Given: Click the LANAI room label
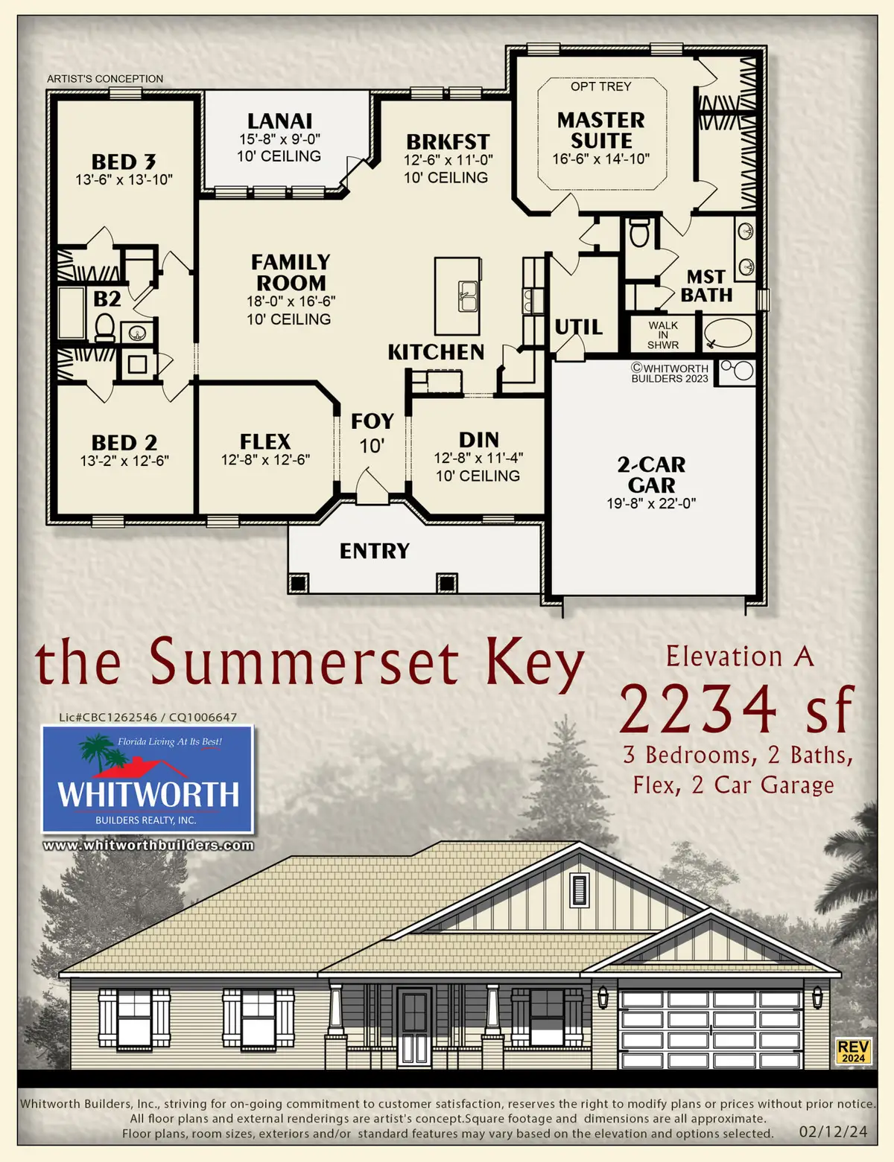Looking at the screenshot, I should click(279, 121).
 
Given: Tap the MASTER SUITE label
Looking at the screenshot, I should click(600, 130).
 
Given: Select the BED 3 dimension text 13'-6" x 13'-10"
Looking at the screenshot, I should click(124, 179).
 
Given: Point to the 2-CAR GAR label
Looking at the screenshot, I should click(651, 475).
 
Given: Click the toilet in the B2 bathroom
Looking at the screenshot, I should click(104, 327).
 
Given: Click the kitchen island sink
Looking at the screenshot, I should click(467, 296).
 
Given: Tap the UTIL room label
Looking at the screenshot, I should click(578, 327).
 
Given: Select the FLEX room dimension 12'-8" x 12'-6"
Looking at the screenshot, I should click(265, 460).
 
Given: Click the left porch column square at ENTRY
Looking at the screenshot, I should click(298, 582).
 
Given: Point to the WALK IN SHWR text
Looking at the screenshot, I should click(663, 335).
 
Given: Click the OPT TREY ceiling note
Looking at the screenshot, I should click(600, 86).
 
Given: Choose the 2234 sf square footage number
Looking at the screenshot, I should click(735, 709).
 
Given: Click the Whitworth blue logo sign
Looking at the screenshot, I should click(148, 779).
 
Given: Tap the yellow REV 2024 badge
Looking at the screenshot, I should click(853, 1051).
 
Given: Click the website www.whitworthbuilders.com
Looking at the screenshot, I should click(148, 845).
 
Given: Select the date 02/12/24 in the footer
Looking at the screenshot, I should click(833, 1131).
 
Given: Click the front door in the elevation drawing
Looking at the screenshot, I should click(413, 1026).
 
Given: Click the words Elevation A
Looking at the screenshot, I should click(739, 657).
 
